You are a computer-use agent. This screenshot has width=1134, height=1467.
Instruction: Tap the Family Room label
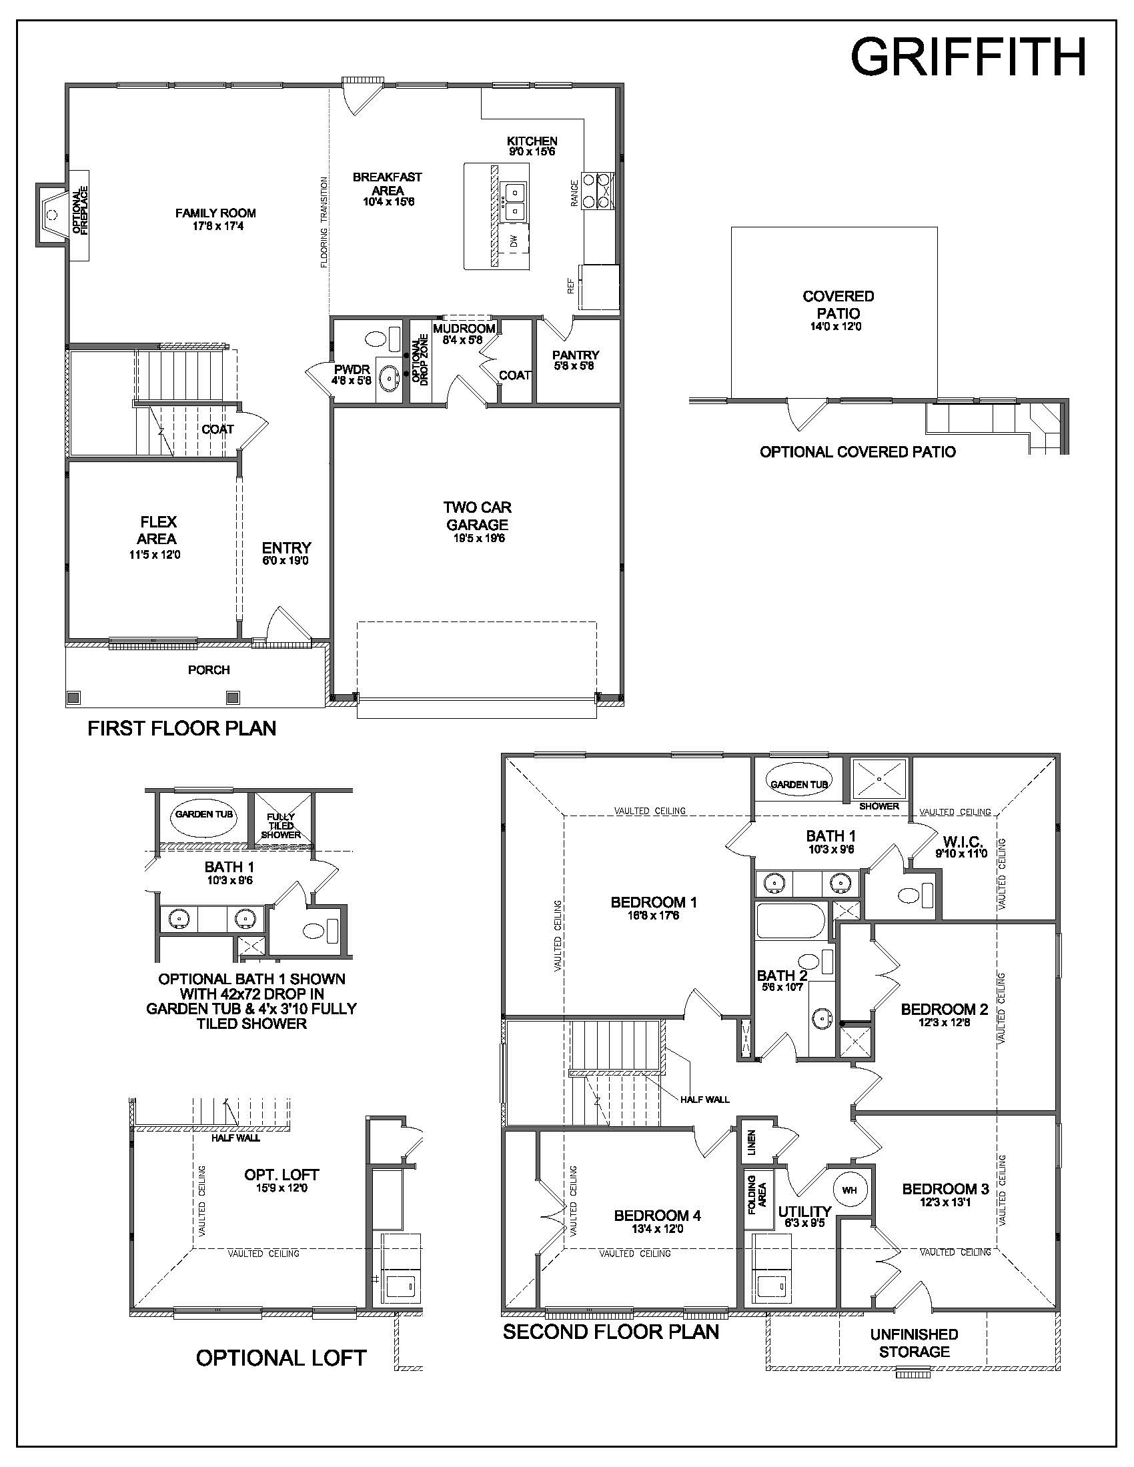click(215, 213)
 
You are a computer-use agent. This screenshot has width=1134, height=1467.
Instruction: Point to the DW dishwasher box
click(514, 241)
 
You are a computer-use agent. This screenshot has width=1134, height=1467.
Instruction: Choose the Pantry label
click(576, 355)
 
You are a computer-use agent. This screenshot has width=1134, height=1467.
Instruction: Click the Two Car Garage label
click(477, 515)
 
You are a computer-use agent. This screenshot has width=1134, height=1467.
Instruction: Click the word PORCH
click(209, 669)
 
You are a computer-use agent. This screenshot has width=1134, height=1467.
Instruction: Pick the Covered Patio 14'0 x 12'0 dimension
click(836, 327)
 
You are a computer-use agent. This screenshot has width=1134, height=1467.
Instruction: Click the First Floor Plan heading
click(182, 728)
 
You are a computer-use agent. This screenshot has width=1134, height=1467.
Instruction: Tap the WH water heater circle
click(850, 1190)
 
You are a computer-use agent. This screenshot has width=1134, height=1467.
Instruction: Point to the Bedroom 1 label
click(654, 902)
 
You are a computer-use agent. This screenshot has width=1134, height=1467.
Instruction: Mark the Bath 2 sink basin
click(821, 1019)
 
